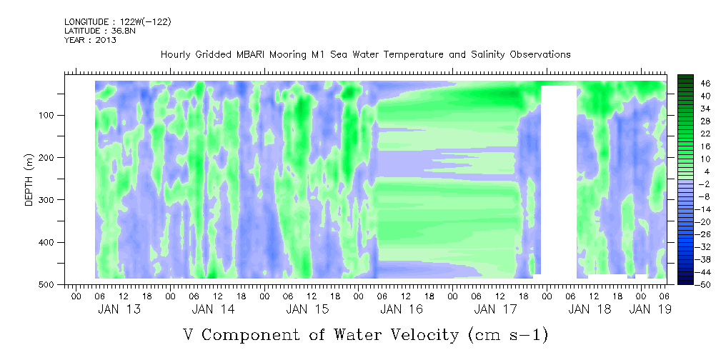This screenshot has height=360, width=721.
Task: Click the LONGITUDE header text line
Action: click(x=118, y=22)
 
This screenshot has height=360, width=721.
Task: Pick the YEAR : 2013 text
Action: click(x=90, y=40)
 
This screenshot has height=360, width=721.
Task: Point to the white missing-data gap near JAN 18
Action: click(x=559, y=179)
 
